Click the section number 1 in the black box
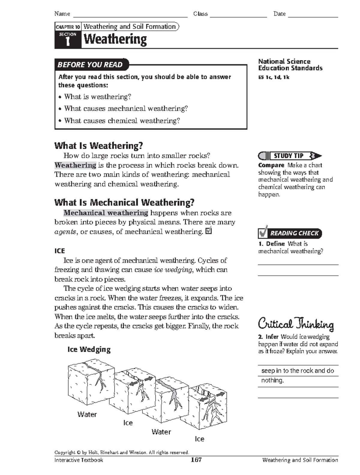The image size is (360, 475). point(68,41)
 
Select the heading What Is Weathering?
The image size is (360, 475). point(98,146)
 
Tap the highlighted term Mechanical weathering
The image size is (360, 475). point(106,213)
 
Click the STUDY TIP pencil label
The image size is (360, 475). point(289,156)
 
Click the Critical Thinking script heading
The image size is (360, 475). point(296,324)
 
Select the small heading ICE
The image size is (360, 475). point(59,251)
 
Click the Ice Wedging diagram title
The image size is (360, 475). point(89,349)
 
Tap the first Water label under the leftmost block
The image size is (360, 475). point(87,414)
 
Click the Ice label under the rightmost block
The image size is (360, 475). point(199,439)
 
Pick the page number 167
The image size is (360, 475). point(196,460)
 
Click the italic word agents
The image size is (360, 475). point(65,232)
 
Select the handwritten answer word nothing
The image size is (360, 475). point(272,380)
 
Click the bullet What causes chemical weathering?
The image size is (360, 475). point(122,121)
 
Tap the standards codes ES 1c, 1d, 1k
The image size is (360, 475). point(274,77)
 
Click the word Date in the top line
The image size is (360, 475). point(279,14)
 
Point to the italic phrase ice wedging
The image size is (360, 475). point(173,269)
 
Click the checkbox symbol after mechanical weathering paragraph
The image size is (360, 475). point(209,231)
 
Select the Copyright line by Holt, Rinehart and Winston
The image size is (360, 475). point(122,452)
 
